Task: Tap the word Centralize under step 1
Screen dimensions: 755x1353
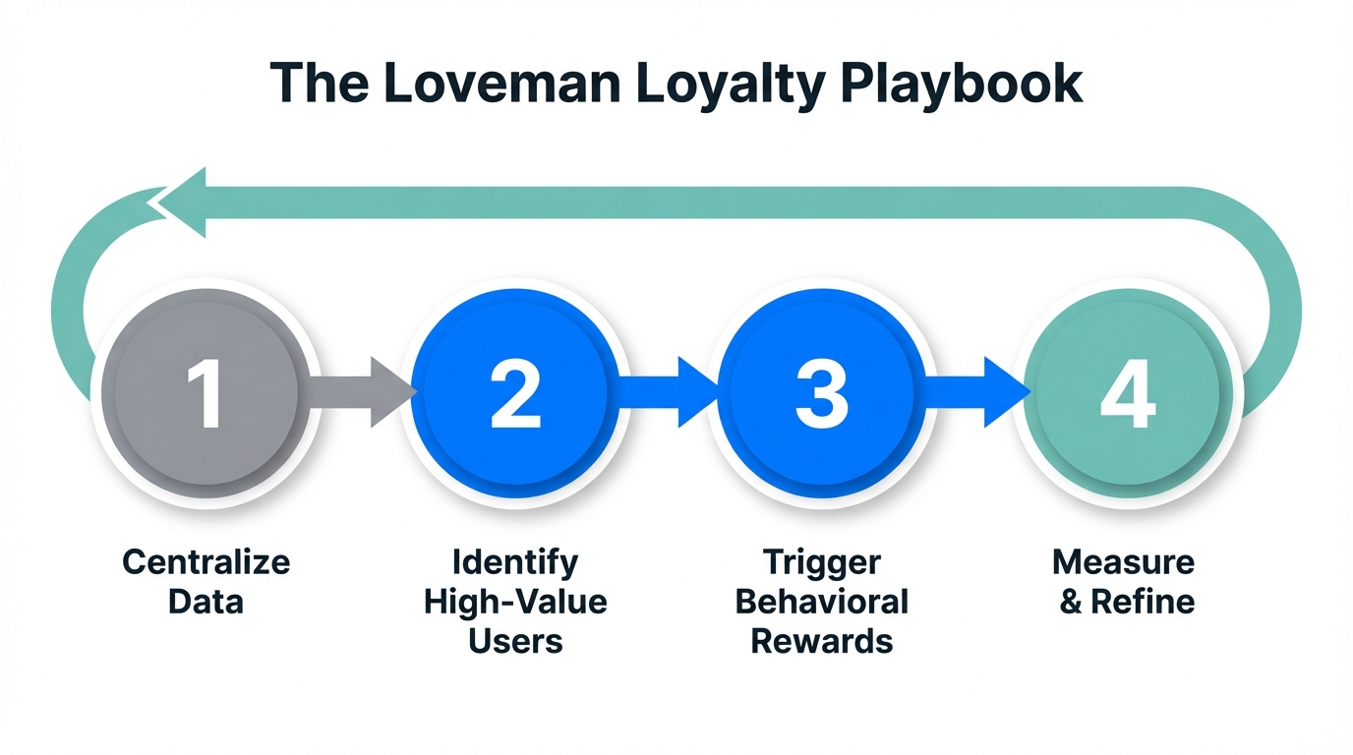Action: tap(206, 562)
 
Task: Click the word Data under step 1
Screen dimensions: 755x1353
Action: tap(206, 601)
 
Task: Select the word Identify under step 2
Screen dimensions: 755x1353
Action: tap(515, 562)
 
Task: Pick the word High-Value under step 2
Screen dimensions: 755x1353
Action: tap(515, 601)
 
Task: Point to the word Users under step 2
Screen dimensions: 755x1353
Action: tap(515, 641)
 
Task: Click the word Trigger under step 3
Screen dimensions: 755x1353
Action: tap(821, 563)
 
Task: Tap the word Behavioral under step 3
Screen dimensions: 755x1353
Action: tap(821, 601)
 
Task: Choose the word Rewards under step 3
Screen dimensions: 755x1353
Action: tap(821, 641)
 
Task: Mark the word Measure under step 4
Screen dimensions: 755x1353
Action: tap(1123, 562)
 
